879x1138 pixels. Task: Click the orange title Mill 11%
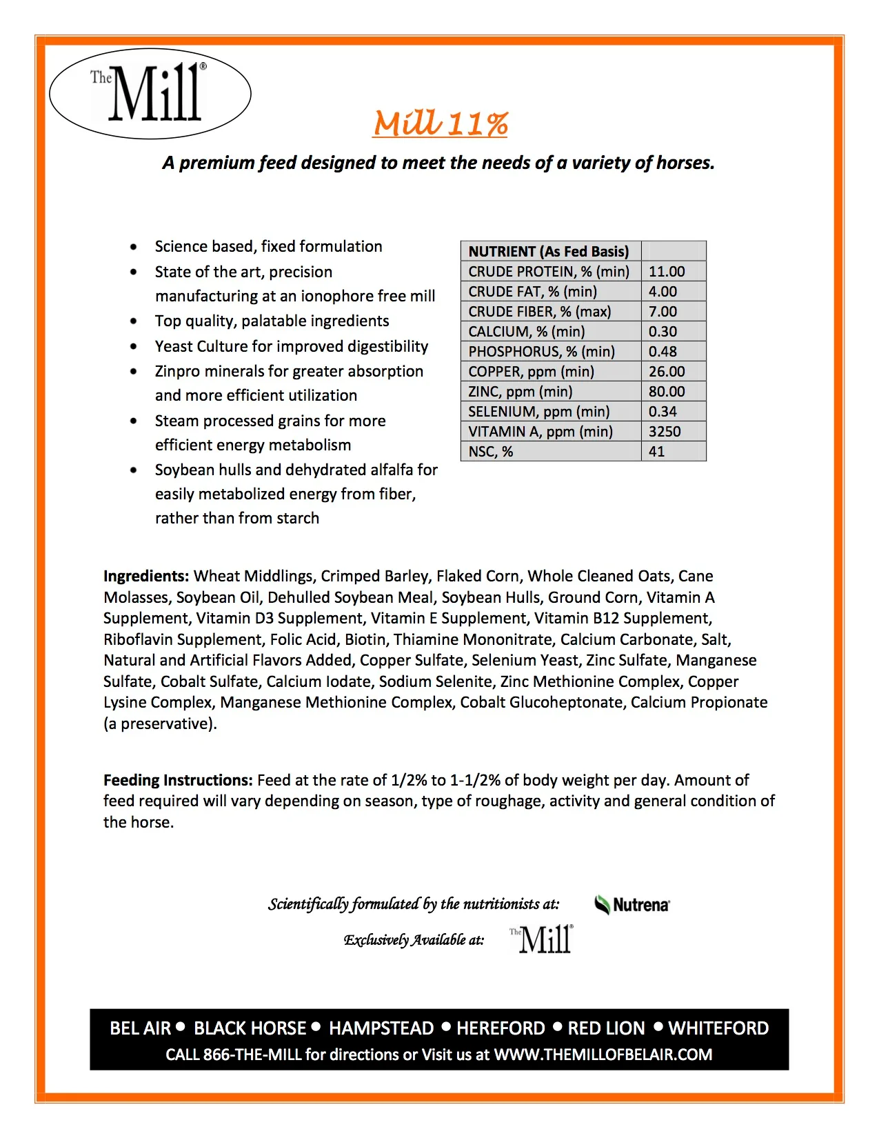(x=441, y=124)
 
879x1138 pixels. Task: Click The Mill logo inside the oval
(x=150, y=94)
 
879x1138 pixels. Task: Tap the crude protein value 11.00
(x=667, y=272)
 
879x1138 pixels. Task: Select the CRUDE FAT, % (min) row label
(x=532, y=292)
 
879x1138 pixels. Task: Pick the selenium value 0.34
(x=663, y=412)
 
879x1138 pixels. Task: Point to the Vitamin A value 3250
(x=665, y=432)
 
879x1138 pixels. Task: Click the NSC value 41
(x=656, y=452)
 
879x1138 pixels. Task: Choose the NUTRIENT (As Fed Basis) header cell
(x=548, y=252)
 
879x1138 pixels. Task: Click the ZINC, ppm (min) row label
(x=520, y=392)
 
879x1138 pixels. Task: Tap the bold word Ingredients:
(x=146, y=576)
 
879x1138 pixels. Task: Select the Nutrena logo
(x=632, y=905)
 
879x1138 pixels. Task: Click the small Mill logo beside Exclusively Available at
(x=542, y=939)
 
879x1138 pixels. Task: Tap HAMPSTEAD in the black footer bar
(x=381, y=1028)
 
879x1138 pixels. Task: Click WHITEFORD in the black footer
(x=718, y=1028)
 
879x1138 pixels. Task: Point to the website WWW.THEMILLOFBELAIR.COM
(x=603, y=1055)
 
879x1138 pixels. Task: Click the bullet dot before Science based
(x=134, y=247)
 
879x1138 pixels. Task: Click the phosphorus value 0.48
(x=663, y=352)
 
